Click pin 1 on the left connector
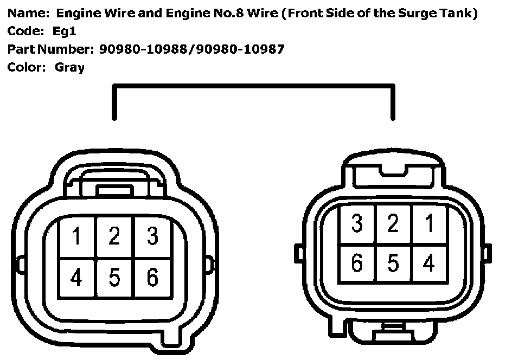(76, 237)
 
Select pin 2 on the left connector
(114, 237)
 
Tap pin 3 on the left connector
(152, 237)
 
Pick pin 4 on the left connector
(76, 278)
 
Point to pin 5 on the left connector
(114, 278)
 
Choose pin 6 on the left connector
(152, 278)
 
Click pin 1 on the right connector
(429, 223)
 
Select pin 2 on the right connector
(393, 223)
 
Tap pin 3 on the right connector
(356, 223)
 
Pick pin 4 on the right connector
(429, 263)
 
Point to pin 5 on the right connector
(393, 263)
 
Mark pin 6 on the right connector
(356, 263)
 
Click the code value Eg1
(65, 31)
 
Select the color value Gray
(69, 68)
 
